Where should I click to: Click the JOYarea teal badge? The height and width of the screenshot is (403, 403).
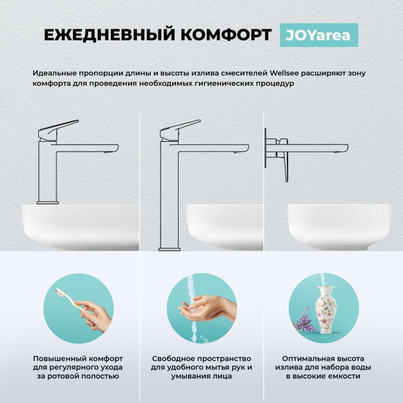pyautogui.click(x=318, y=35)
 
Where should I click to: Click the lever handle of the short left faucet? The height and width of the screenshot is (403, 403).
pyautogui.click(x=60, y=128)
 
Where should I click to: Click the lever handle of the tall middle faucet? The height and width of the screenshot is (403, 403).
pyautogui.click(x=181, y=127)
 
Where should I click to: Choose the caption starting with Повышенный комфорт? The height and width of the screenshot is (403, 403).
pyautogui.click(x=78, y=367)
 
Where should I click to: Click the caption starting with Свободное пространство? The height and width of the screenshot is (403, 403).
pyautogui.click(x=201, y=367)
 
